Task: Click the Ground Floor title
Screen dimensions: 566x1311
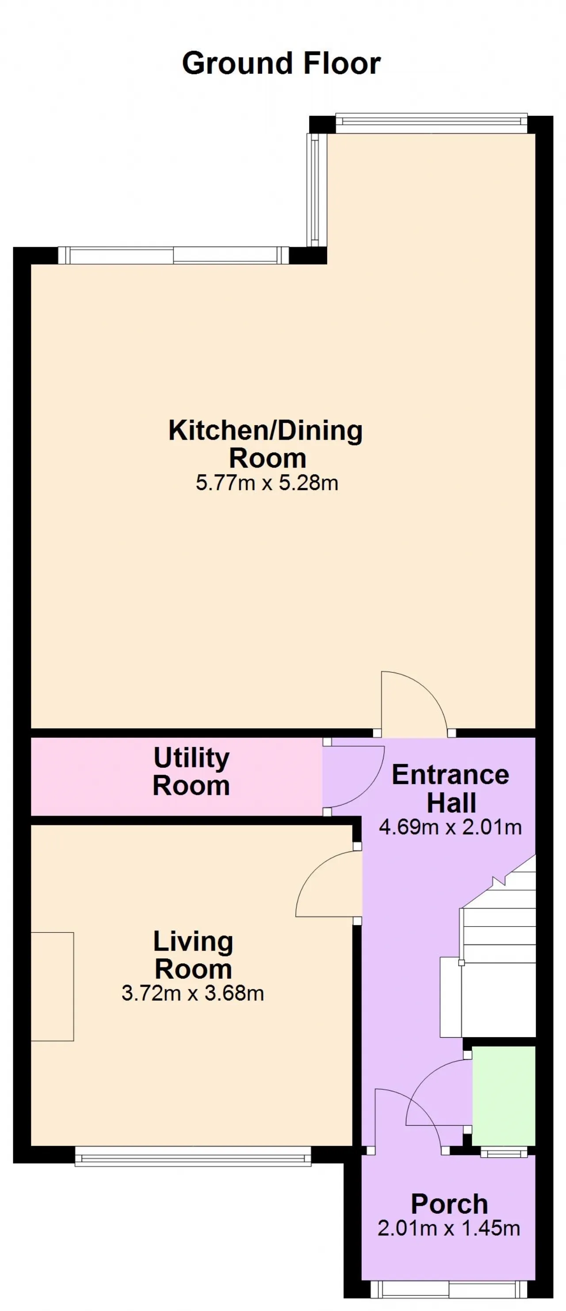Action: pos(282,64)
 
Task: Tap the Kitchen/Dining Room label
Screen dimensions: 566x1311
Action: pos(266,444)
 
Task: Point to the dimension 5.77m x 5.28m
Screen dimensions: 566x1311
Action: pos(267,483)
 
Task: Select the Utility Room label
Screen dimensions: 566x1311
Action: pos(191,771)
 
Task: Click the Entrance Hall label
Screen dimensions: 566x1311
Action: pos(451,789)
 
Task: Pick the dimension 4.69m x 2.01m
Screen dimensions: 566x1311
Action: pos(451,827)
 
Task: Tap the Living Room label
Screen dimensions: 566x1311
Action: pos(193,955)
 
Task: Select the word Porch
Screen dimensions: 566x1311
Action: pos(449,1204)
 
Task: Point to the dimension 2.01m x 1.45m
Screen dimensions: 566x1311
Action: pos(449,1229)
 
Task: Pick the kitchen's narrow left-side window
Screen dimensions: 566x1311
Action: pos(314,190)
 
